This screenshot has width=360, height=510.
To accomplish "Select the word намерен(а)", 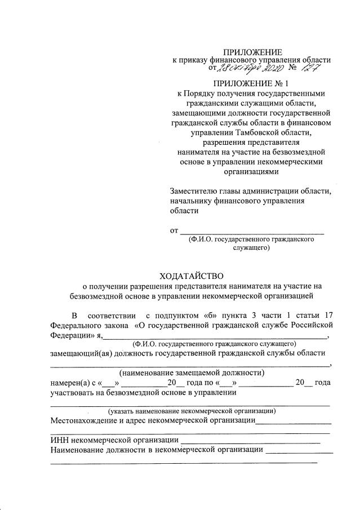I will click(71, 383).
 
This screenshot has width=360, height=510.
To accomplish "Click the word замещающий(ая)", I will click(81, 353).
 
